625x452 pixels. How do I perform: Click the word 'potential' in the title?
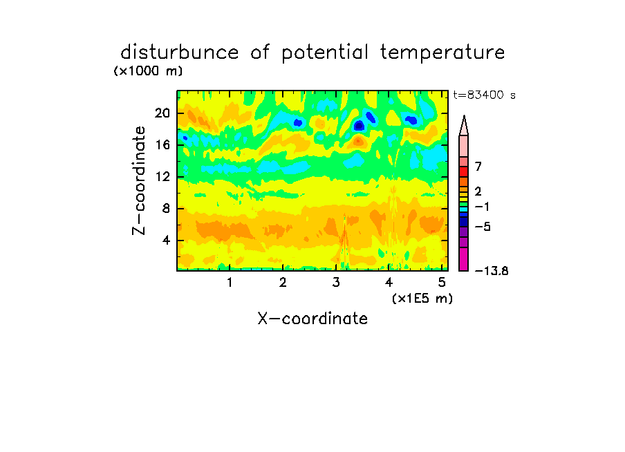click(325, 53)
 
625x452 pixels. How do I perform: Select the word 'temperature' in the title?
click(442, 53)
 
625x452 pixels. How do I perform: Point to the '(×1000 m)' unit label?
click(148, 71)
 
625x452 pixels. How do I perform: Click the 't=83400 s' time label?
click(484, 95)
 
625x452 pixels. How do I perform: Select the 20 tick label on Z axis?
click(162, 113)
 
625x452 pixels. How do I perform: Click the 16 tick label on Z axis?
click(162, 144)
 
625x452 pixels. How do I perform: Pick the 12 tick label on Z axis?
click(162, 176)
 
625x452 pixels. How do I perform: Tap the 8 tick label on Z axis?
click(166, 208)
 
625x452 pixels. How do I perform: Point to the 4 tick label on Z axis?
click(166, 241)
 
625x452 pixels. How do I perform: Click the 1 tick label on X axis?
click(230, 282)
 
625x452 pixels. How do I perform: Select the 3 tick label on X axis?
click(336, 282)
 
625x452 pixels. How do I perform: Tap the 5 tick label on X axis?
click(442, 282)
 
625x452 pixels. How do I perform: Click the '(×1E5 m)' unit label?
click(422, 299)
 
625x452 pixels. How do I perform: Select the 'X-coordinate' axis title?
click(312, 319)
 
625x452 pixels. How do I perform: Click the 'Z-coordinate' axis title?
click(139, 180)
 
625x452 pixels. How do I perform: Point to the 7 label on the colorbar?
click(478, 166)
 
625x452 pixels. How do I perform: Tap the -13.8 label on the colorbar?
click(492, 271)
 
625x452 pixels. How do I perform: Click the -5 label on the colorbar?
click(483, 227)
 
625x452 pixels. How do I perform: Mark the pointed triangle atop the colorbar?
click(464, 126)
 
